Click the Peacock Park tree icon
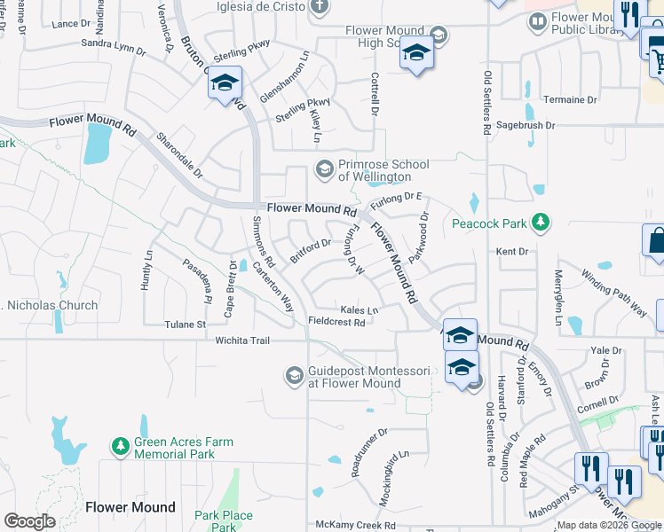539,223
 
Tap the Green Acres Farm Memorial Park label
184,448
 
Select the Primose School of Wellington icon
325,168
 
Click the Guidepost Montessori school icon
294,376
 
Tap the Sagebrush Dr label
526,126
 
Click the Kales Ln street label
360,310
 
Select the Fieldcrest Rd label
337,323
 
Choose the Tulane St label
185,325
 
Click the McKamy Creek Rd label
355,526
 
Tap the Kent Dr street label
512,252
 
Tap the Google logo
29,521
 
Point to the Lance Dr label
66,24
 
